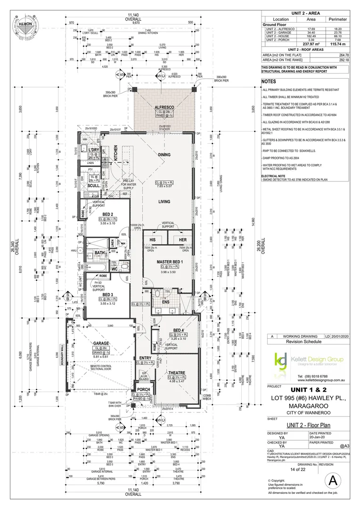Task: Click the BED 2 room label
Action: [102, 214]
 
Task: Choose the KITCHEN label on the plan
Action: [115, 154]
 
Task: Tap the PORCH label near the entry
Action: [143, 389]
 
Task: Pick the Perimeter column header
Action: [337, 19]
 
